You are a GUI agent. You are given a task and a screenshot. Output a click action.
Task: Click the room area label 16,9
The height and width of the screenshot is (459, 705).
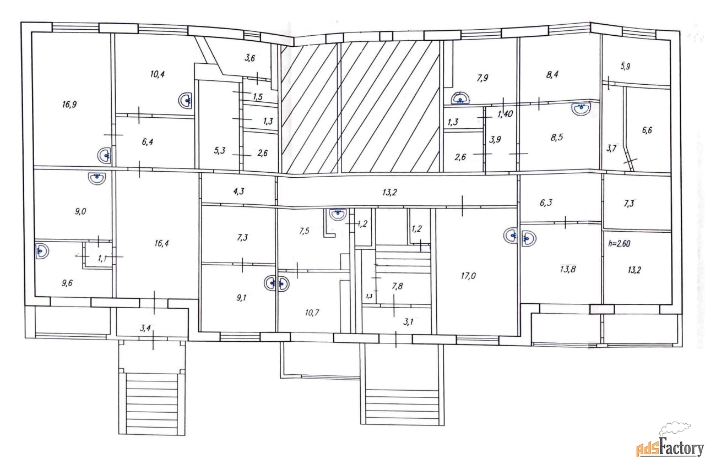click(69, 104)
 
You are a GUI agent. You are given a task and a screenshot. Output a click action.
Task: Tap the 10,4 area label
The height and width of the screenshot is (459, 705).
click(158, 74)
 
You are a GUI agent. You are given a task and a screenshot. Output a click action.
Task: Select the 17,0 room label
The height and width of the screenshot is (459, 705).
click(468, 276)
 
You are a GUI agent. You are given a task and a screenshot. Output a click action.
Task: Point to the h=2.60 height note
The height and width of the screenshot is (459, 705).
click(619, 244)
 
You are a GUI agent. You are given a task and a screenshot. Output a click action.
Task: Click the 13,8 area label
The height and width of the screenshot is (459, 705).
click(568, 269)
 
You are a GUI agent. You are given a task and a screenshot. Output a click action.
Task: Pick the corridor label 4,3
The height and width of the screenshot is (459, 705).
click(238, 191)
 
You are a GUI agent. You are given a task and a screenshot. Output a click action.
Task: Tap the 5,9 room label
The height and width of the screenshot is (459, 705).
click(625, 67)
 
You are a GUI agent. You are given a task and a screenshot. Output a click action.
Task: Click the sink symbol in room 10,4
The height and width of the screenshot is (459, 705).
click(185, 101)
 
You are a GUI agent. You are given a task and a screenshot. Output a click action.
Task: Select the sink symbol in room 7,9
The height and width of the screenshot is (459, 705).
click(460, 98)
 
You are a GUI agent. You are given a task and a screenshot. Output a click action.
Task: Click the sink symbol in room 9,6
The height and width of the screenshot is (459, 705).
click(42, 250)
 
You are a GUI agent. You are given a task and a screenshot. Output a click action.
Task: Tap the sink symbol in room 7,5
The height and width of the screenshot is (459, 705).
click(338, 214)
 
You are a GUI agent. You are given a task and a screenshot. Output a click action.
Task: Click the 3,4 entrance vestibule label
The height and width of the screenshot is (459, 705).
click(145, 328)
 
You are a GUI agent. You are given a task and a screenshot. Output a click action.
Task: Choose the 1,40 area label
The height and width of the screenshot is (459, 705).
click(505, 114)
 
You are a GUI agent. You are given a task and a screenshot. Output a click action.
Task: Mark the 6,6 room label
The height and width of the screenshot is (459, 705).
click(647, 130)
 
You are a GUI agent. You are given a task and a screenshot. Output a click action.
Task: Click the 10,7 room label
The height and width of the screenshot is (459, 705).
click(312, 313)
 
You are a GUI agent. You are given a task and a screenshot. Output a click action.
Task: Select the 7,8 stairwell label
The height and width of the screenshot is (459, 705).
click(397, 286)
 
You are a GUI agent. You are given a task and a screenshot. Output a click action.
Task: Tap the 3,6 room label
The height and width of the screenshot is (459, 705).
click(250, 58)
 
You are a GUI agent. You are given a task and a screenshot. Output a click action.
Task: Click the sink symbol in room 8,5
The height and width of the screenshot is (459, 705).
click(581, 109)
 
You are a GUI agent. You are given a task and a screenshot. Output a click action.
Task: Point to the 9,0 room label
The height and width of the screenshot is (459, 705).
click(80, 211)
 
